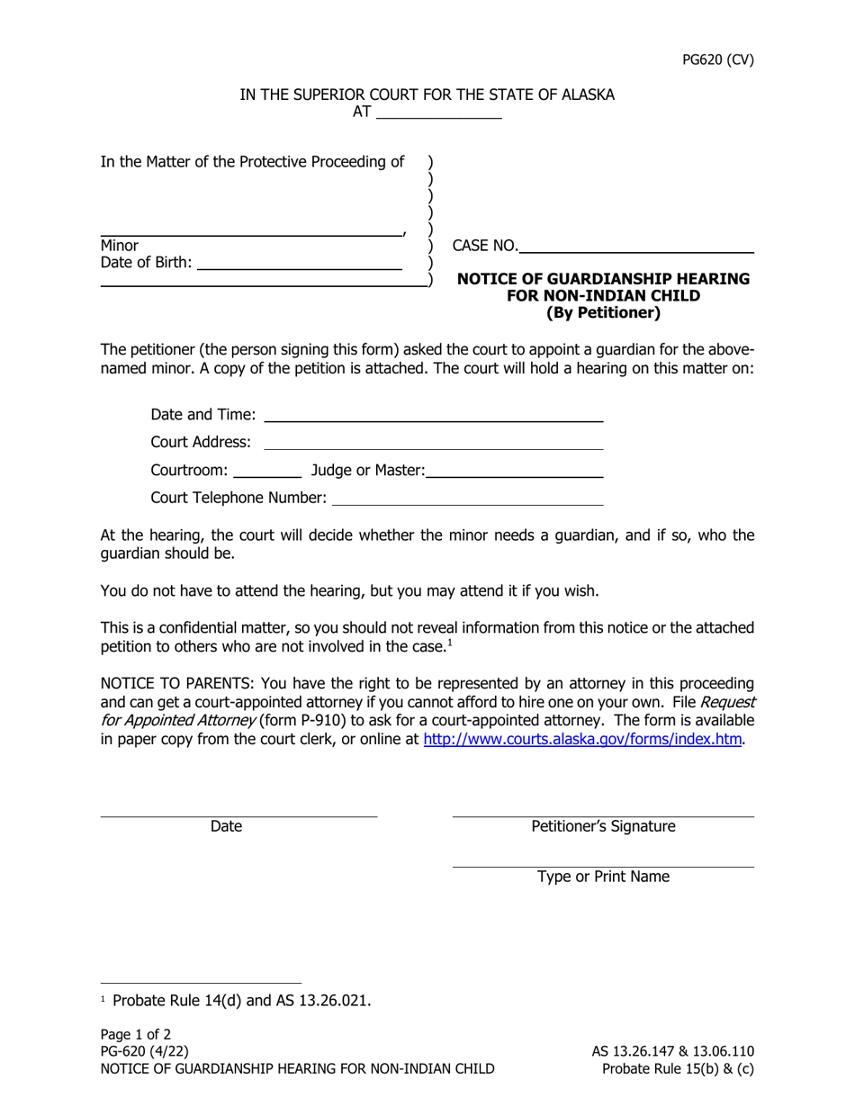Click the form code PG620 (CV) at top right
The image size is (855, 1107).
[x=716, y=61]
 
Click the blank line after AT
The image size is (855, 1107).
[x=438, y=113]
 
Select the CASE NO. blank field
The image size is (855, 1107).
[x=636, y=245]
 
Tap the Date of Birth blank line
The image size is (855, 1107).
[x=299, y=263]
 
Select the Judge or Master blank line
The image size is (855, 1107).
[x=515, y=470]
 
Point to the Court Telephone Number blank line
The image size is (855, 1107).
[x=468, y=498]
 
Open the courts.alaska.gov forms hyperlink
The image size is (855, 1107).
[x=582, y=740]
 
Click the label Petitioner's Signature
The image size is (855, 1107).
[x=603, y=826]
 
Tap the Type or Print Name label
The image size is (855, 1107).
[x=603, y=877]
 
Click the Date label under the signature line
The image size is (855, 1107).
[x=226, y=826]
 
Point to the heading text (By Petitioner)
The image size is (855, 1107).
[x=603, y=314]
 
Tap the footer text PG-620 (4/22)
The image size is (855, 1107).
[x=145, y=1051]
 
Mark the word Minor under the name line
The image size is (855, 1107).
[x=120, y=245]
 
